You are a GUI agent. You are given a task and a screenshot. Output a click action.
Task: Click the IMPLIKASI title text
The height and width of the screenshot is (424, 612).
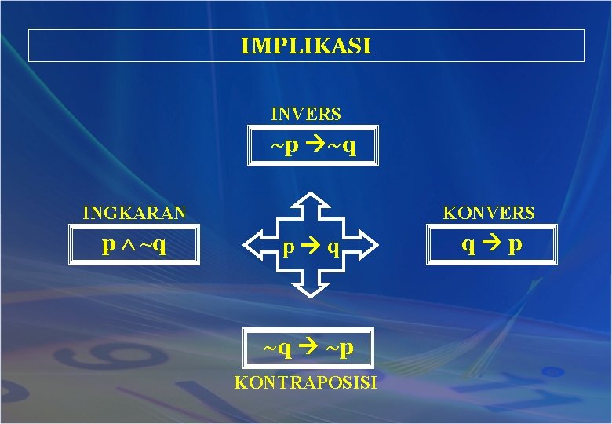[306, 46]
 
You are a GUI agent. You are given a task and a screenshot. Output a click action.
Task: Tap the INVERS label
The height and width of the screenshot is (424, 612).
[306, 114]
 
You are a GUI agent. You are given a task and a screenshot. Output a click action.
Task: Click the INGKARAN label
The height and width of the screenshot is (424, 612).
[135, 213]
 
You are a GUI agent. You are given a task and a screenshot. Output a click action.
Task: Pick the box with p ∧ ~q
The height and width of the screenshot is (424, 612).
[135, 246]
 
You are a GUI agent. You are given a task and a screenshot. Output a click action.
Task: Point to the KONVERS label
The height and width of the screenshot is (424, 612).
[489, 213]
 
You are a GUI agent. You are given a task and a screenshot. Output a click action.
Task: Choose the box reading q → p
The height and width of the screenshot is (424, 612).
[491, 245]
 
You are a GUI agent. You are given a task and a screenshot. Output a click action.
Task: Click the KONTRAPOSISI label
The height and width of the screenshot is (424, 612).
[306, 383]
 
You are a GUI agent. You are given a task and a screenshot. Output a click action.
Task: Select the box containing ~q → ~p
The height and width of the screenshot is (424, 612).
[308, 346]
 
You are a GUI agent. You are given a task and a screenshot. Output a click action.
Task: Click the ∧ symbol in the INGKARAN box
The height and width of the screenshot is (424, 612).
[128, 247]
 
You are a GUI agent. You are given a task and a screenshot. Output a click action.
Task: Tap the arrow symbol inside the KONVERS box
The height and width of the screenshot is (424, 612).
[491, 245]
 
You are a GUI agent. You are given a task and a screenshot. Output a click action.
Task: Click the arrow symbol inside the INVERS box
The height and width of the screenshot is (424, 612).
[312, 147]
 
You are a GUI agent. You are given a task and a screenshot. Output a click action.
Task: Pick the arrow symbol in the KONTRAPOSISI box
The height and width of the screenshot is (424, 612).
[308, 346]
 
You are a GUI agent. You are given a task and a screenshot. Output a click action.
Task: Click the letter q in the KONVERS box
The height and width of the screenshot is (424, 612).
[468, 246]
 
